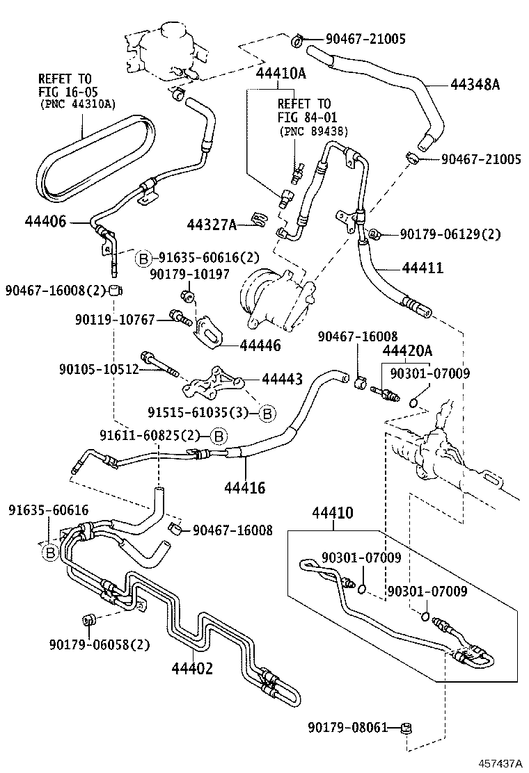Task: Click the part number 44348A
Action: pyautogui.click(x=475, y=85)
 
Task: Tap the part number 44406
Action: pyautogui.click(x=45, y=222)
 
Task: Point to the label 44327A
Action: pyautogui.click(x=212, y=224)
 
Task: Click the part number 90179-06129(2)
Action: pyautogui.click(x=450, y=234)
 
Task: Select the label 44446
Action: pyautogui.click(x=260, y=345)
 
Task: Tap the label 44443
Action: pyautogui.click(x=282, y=379)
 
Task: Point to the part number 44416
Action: pyautogui.click(x=244, y=488)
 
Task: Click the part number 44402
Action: pyautogui.click(x=192, y=668)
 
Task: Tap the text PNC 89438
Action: pyautogui.click(x=314, y=131)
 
